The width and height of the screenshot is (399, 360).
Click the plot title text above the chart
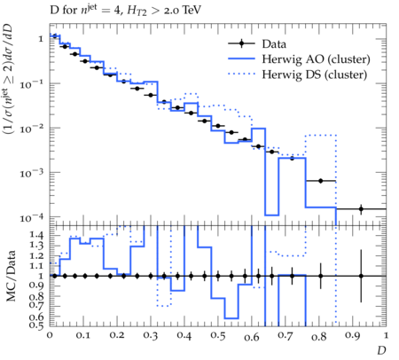tap(125, 11)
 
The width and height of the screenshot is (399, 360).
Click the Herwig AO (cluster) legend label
tap(316, 59)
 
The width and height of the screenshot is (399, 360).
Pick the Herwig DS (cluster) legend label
tap(315, 74)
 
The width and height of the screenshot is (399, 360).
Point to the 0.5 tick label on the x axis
tap(218, 336)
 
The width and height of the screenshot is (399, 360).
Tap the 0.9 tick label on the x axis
tap(353, 336)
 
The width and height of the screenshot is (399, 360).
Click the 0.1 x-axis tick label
tap(83, 336)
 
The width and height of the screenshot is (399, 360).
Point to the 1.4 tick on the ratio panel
tap(37, 235)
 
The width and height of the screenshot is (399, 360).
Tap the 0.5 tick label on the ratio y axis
tap(37, 325)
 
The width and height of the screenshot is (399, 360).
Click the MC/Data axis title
tap(11, 276)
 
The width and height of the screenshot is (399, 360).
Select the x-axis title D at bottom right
tap(381, 350)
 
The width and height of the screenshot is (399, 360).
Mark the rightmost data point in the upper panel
tap(361, 209)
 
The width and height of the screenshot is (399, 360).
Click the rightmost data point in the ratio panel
tap(361, 276)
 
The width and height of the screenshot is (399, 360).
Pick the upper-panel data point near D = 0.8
tap(321, 181)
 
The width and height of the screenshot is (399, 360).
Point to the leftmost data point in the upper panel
tap(55, 36)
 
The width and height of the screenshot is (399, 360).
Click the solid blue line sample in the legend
tap(241, 59)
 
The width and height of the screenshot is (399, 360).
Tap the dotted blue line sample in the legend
tap(241, 74)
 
